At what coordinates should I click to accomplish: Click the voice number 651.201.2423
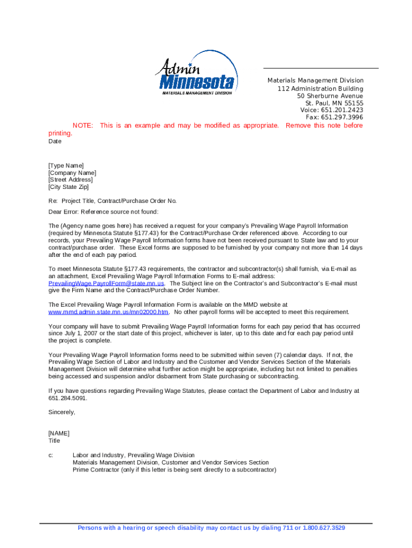342,110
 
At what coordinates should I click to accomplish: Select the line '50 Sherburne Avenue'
330,96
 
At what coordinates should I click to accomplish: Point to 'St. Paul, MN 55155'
334,103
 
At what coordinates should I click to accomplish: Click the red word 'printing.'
60,133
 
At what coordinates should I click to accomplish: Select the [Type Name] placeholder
66,166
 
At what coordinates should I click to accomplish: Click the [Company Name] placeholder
72,173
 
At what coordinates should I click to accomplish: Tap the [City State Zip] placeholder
68,187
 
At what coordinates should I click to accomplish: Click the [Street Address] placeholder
70,180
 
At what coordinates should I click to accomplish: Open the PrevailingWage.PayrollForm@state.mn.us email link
106,283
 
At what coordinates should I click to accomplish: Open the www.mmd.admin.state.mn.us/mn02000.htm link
109,312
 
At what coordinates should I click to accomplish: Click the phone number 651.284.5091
67,398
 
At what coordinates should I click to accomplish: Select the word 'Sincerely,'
62,413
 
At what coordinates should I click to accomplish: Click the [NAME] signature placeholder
59,433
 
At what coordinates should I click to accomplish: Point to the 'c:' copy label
51,455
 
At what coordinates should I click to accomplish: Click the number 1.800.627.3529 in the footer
324,528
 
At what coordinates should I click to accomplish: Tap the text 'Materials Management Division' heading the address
315,81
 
